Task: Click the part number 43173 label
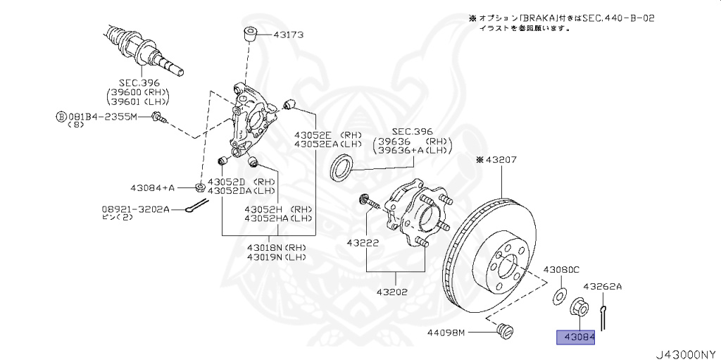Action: pos(285,33)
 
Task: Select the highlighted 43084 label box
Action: pos(576,338)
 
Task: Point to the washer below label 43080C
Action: pos(560,294)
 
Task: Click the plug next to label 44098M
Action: pos(503,330)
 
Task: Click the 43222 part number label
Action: pos(363,242)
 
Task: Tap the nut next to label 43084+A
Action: pos(199,187)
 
